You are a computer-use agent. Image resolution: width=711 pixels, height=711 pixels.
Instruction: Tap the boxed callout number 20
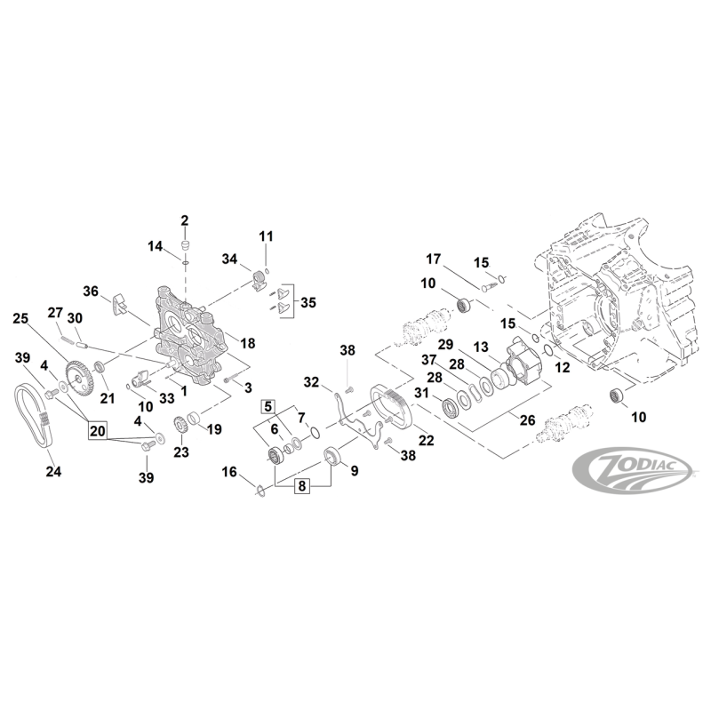99,431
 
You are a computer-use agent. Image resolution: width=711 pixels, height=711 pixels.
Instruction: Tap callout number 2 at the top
185,220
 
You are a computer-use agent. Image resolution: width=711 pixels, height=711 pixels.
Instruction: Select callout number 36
91,291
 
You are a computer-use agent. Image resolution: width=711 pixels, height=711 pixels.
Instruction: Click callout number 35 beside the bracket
308,302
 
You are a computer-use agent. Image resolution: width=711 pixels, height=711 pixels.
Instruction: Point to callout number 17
433,260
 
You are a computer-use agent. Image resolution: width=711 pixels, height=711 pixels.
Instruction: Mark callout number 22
426,441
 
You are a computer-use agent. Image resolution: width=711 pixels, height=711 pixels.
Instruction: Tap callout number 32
312,383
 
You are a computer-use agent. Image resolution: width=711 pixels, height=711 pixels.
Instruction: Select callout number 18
248,343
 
